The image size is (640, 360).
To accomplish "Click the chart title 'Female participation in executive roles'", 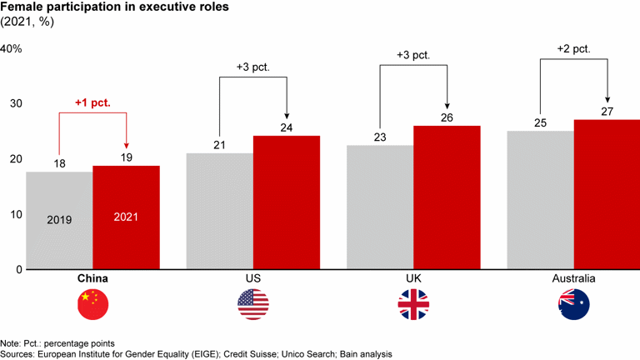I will [106, 9].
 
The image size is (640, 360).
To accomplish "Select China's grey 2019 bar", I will [59, 220].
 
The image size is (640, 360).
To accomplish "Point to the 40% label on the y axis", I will [11, 49].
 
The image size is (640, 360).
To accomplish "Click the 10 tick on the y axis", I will [16, 214].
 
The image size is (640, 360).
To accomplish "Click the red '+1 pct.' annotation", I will [92, 104].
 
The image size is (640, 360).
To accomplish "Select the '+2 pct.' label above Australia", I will [573, 49].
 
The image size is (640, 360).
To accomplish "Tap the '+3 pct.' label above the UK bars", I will [413, 56].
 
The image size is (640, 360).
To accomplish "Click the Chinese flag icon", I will [92, 305].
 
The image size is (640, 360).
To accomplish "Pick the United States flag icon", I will [252, 305].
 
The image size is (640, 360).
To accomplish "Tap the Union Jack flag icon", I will [412, 305].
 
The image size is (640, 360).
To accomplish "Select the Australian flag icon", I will [573, 305].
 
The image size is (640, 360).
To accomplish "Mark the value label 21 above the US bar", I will [219, 145].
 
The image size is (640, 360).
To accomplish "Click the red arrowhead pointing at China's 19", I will [126, 144].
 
